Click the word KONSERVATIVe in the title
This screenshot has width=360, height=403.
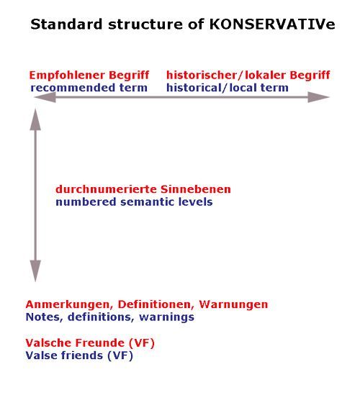pyautogui.click(x=272, y=24)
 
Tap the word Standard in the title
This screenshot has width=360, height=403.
pyautogui.click(x=66, y=24)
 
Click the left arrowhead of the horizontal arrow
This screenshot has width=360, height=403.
pyautogui.click(x=45, y=97)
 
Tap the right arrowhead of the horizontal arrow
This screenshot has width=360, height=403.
pyautogui.click(x=318, y=97)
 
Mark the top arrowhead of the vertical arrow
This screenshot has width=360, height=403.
pyautogui.click(x=35, y=119)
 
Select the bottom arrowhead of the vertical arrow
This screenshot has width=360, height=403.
pyautogui.click(x=35, y=271)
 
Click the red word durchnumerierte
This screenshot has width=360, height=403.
pyautogui.click(x=107, y=189)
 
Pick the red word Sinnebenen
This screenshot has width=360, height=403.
pyautogui.click(x=196, y=189)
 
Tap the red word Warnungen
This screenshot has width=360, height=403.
pyautogui.click(x=233, y=304)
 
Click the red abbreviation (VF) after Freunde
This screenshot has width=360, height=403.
pyautogui.click(x=141, y=343)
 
